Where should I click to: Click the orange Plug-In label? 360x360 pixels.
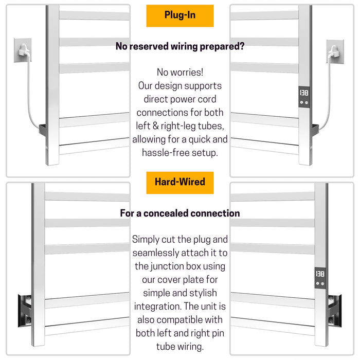tap(179, 15)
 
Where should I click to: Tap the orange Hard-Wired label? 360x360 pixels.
tap(179, 182)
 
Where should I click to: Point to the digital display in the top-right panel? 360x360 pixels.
tap(303, 93)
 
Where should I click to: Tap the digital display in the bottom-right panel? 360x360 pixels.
tap(319, 274)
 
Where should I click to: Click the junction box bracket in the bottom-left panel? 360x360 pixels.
tap(24, 310)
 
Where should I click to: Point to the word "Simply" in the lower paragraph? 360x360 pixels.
tap(146, 239)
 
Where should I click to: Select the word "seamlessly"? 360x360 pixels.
tap(156, 253)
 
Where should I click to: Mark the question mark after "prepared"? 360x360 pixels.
tap(242, 46)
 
